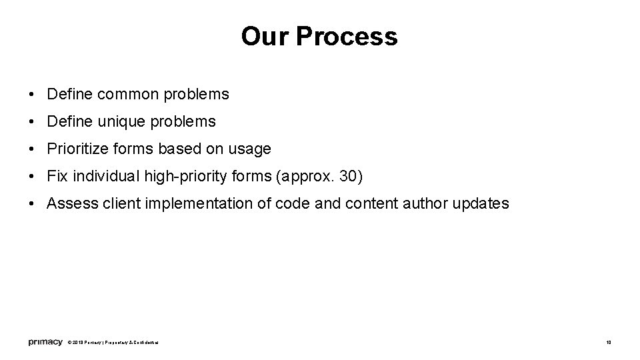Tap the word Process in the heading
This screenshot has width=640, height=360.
(347, 37)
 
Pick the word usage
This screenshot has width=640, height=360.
(250, 149)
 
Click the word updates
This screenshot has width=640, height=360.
(481, 204)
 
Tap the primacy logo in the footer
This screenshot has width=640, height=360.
(45, 343)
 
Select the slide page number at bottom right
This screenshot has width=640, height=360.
(609, 343)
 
